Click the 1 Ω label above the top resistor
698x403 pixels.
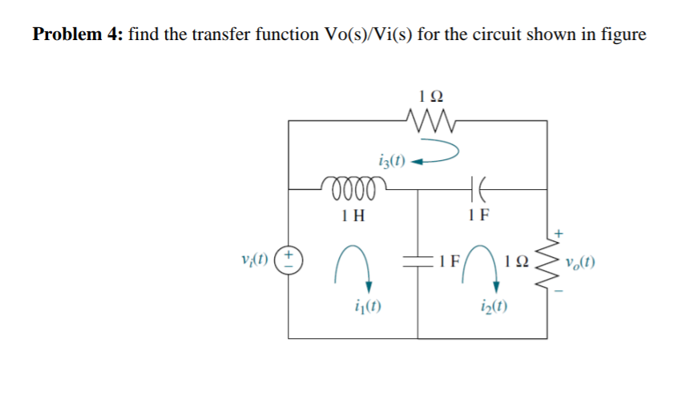[431, 95]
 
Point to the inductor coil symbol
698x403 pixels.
[353, 188]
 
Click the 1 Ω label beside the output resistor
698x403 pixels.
[517, 260]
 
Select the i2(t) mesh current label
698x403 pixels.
[488, 305]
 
